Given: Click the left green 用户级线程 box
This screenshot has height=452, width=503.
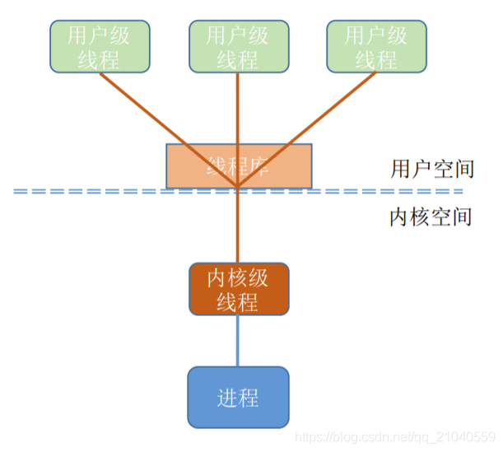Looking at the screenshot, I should click(x=101, y=46).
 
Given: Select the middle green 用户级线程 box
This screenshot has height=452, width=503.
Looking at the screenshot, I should click(x=238, y=46).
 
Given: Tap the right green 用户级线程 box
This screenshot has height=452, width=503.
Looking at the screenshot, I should click(x=375, y=46).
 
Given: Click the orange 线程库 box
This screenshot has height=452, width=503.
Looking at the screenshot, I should click(x=239, y=165).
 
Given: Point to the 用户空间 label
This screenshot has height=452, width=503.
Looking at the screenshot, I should click(x=432, y=169).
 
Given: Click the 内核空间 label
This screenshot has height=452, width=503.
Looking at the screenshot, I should click(x=431, y=217).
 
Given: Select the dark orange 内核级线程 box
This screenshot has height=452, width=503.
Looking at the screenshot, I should click(x=239, y=289).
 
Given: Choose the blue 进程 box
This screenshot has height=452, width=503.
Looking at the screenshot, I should click(x=239, y=398).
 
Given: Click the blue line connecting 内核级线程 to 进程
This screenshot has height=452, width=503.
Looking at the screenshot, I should click(x=239, y=341).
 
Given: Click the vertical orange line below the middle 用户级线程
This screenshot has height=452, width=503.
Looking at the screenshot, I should click(x=238, y=107).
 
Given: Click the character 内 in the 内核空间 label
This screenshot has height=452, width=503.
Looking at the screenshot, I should click(x=400, y=217).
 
